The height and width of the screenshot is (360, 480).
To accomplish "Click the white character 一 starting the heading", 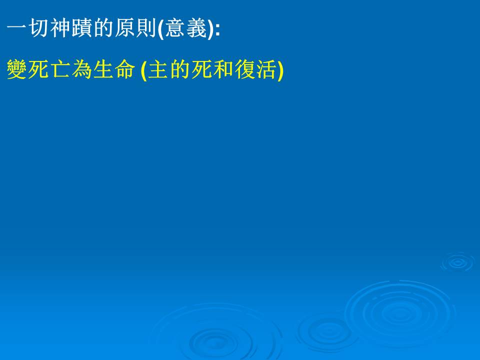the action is tap(17, 28).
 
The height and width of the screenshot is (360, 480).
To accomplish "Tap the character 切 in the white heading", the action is tap(39, 28).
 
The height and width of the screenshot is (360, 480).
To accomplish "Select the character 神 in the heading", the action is tap(60, 28).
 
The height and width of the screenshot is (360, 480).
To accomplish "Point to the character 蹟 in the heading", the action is tap(82, 28).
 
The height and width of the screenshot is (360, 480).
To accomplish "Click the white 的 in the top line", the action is tap(103, 28).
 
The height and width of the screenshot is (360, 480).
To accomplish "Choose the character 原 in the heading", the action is tap(125, 28).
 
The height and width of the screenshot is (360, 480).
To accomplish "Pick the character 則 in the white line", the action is tap(146, 28).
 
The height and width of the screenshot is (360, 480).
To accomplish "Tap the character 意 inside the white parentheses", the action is tap(175, 28).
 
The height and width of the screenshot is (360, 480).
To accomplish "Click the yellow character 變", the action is tap(17, 69).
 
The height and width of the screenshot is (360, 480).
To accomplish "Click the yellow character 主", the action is tap(158, 69).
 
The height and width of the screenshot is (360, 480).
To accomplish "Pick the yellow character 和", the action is tap(223, 69).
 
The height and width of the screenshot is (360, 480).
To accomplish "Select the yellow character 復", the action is tap(244, 69).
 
